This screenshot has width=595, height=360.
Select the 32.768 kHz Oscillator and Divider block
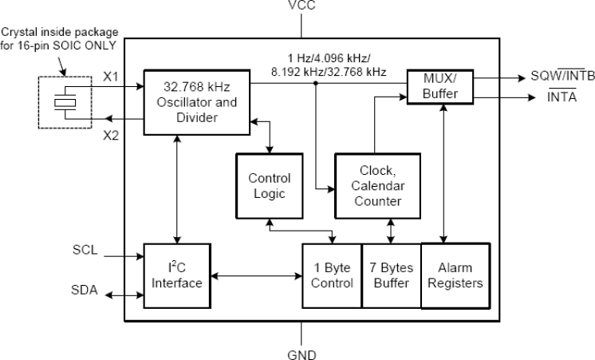(196, 102)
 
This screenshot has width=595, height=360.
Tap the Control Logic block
(269, 186)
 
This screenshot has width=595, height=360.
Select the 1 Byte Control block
(331, 275)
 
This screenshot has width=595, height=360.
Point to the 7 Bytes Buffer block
(391, 275)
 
